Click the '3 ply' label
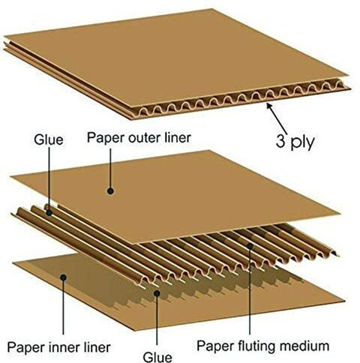[295, 142]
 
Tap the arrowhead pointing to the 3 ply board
[269, 106]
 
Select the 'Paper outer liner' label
[139, 138]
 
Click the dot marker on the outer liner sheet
[110, 191]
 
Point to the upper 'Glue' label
[49, 139]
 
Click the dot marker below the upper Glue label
[49, 213]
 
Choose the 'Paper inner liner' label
[58, 347]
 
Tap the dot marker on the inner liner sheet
[64, 277]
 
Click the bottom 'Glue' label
[157, 356]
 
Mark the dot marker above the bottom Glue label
[157, 293]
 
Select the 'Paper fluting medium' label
[262, 346]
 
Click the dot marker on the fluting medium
[250, 246]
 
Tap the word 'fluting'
[255, 346]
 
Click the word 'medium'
[304, 346]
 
